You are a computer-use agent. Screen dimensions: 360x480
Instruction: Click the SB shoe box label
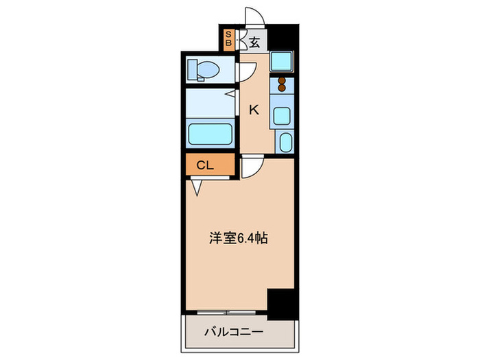click(x=229, y=38)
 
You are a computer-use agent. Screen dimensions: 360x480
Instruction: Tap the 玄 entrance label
click(x=254, y=42)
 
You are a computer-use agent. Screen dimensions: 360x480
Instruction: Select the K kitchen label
click(x=253, y=109)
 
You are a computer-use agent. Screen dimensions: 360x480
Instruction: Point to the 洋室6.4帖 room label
click(x=238, y=239)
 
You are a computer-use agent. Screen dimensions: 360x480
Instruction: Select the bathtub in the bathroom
click(x=209, y=133)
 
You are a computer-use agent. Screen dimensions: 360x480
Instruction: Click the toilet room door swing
click(x=247, y=71)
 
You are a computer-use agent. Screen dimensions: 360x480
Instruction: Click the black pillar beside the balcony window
click(x=281, y=304)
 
